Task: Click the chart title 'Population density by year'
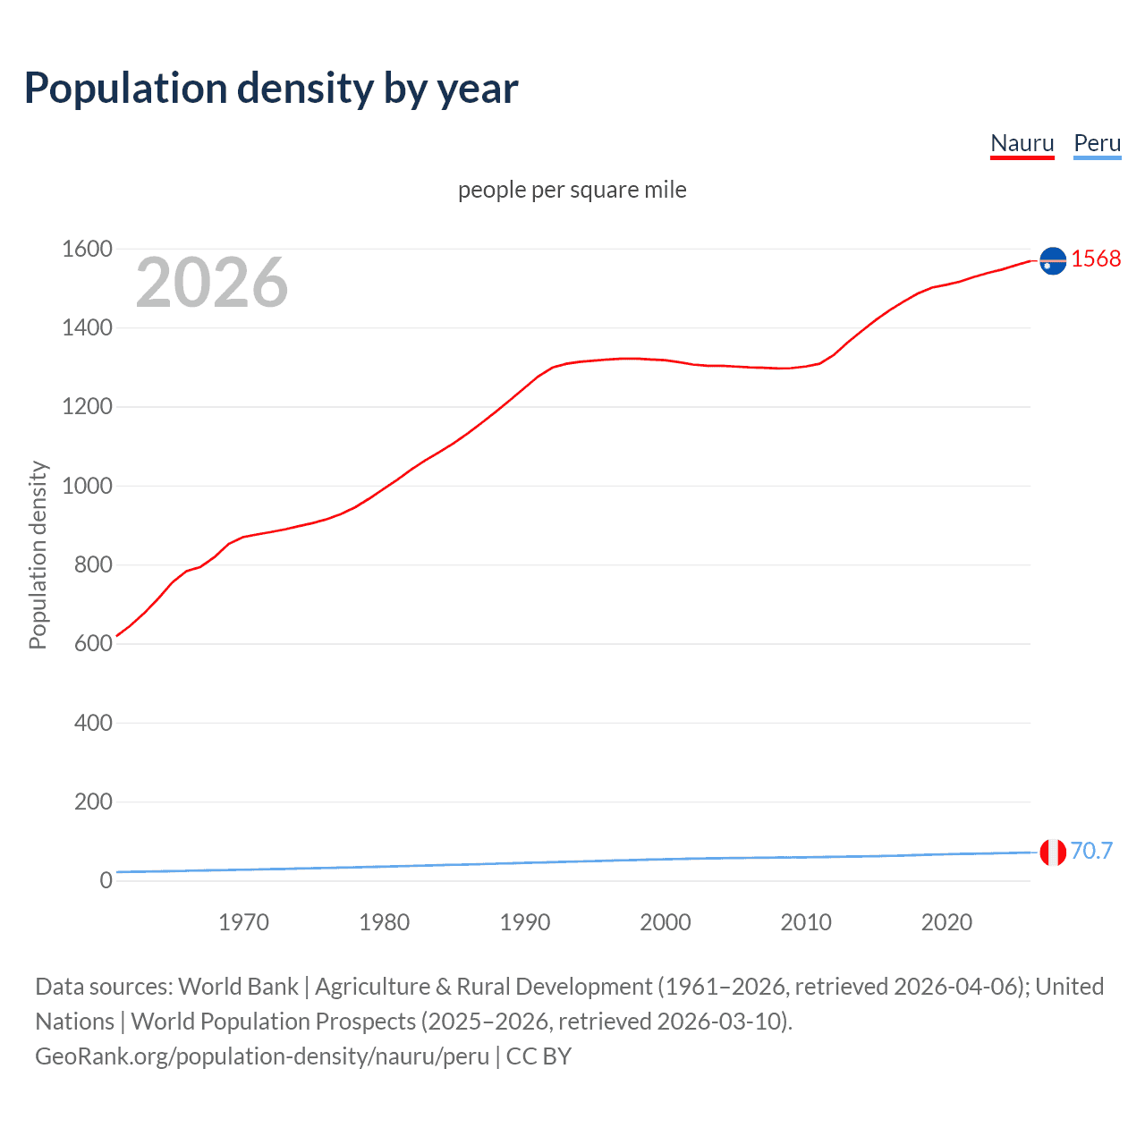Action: (x=271, y=89)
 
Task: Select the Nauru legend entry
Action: (x=1022, y=143)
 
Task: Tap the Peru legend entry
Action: (x=1097, y=143)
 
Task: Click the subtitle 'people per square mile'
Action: (x=572, y=190)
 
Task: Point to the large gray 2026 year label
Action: (x=212, y=283)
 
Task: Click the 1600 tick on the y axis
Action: (x=87, y=249)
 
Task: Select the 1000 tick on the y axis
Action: (x=87, y=486)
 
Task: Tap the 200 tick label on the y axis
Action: (x=93, y=801)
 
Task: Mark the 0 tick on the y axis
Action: (x=106, y=880)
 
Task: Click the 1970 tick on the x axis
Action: (x=243, y=922)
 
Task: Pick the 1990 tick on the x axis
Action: (x=525, y=922)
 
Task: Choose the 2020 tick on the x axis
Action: (x=946, y=922)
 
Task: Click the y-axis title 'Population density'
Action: (x=38, y=555)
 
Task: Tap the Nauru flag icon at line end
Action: (x=1053, y=260)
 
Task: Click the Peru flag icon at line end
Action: (x=1053, y=852)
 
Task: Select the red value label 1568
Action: (x=1096, y=259)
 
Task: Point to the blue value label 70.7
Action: (x=1091, y=851)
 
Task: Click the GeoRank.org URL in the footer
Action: (x=262, y=1056)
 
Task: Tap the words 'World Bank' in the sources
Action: (x=238, y=987)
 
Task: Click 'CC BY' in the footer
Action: (x=539, y=1056)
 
